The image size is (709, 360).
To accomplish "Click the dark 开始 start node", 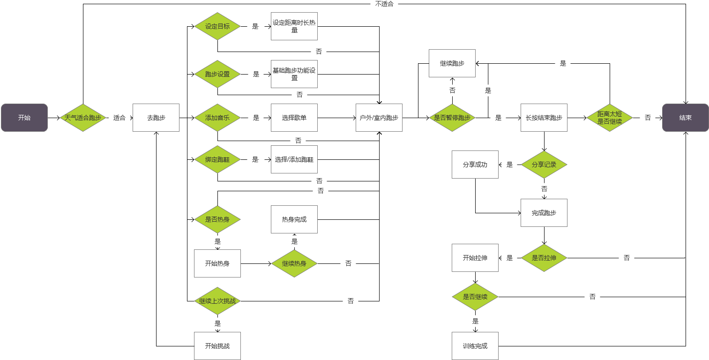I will click(x=24, y=118).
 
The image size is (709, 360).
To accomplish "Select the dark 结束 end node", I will click(x=685, y=118).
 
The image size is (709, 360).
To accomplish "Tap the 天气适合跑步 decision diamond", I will click(x=83, y=118).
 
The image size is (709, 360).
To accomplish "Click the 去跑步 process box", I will click(x=156, y=118).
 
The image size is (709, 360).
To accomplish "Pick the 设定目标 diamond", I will click(x=217, y=26).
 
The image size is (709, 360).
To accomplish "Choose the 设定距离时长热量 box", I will click(x=294, y=26).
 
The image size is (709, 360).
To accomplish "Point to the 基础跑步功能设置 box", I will click(x=294, y=74).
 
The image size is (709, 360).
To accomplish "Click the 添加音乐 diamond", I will click(x=217, y=118).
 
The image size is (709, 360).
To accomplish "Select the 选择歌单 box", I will click(x=294, y=118).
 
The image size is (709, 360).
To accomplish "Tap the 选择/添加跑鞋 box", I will click(x=294, y=159).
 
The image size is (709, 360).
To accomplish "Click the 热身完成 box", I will click(x=294, y=219).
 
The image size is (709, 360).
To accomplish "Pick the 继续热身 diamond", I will click(x=294, y=263).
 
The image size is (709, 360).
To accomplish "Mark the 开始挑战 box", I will click(x=217, y=346).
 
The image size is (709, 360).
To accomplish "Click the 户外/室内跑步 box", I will click(x=379, y=118).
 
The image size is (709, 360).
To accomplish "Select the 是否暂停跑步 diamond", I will click(x=452, y=118).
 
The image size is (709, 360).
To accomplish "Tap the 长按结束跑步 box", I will click(x=544, y=118).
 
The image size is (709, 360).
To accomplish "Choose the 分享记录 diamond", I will click(x=544, y=165).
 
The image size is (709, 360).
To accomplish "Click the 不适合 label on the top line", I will click(x=384, y=4).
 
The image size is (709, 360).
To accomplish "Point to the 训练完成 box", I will click(x=475, y=346).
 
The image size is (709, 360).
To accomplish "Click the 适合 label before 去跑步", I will click(x=119, y=118).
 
